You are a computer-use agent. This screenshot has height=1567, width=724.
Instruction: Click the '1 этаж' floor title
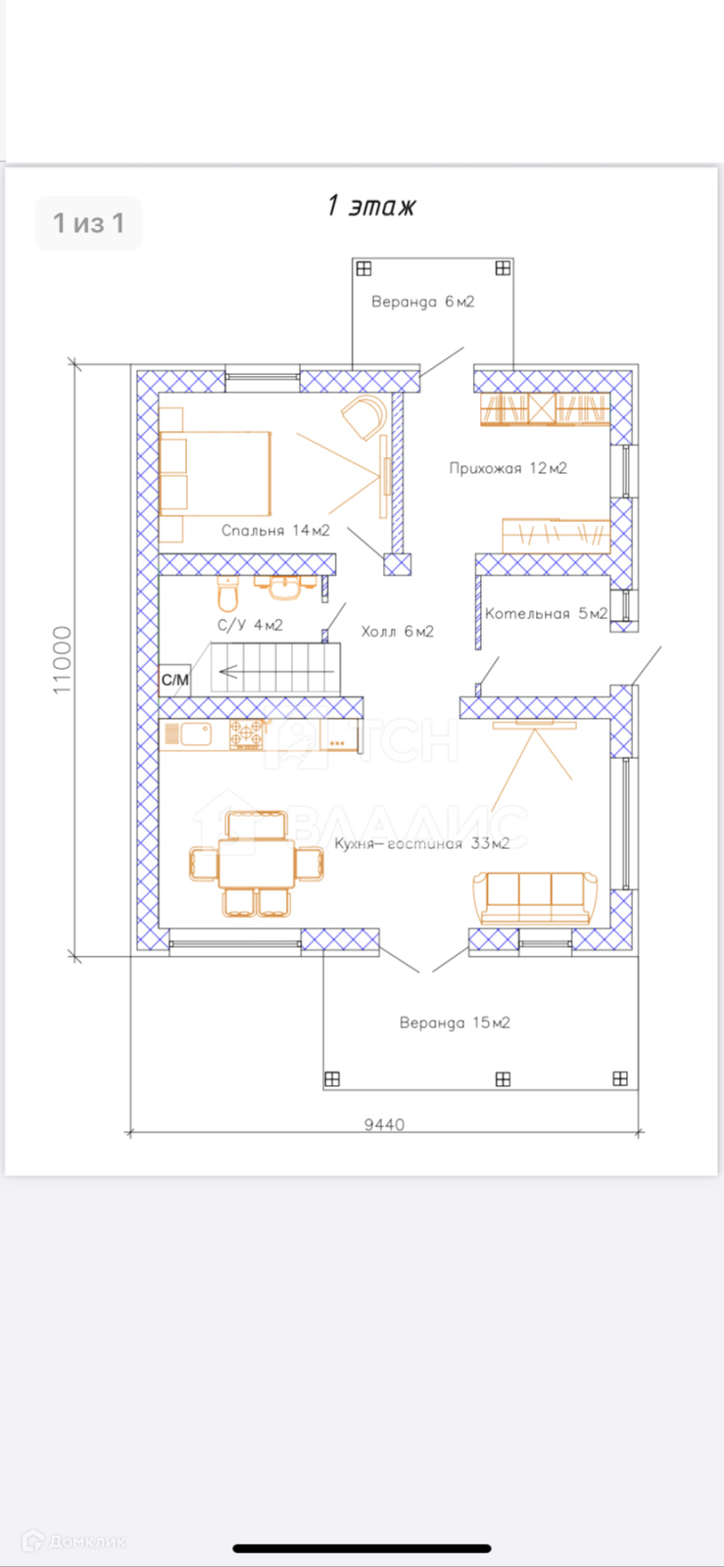click(371, 207)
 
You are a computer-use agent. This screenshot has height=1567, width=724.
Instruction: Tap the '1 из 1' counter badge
click(89, 223)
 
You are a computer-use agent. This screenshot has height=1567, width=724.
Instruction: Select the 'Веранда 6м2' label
click(423, 302)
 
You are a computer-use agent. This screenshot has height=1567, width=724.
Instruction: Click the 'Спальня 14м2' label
click(275, 530)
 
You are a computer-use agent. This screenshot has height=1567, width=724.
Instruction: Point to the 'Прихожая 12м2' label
click(507, 468)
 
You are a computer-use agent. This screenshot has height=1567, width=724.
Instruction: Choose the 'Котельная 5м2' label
click(547, 613)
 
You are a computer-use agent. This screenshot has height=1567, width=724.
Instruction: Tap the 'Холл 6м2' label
click(398, 632)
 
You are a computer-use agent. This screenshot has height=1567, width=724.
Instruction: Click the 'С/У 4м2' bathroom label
click(250, 625)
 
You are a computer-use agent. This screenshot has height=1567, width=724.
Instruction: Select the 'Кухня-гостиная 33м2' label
click(422, 843)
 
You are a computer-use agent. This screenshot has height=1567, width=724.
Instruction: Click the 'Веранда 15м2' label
click(455, 1022)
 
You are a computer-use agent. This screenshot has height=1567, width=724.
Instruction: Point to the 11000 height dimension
click(63, 660)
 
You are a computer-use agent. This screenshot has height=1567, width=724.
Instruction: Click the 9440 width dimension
click(384, 1124)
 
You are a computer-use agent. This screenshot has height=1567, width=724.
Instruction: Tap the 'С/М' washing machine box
click(175, 680)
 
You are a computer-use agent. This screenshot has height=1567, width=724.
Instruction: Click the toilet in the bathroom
click(228, 595)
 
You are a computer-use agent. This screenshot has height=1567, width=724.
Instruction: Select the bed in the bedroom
click(215, 474)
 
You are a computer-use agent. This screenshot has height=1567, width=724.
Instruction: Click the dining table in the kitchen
click(256, 863)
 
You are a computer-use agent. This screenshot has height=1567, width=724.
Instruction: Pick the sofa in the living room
click(536, 898)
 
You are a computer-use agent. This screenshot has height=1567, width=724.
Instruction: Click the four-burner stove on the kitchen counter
click(247, 735)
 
